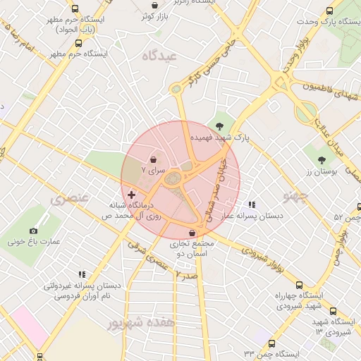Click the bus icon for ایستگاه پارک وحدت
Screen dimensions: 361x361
coord(329,11)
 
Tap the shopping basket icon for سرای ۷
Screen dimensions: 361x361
coord(154,159)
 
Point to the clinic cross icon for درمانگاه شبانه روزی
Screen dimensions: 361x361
coord(132,194)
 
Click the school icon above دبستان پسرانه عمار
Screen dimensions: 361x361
coord(252,204)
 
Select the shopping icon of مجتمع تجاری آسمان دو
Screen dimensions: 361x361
coord(192,233)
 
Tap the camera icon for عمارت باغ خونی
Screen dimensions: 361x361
coord(33,231)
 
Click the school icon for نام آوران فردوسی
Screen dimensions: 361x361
coord(82,274)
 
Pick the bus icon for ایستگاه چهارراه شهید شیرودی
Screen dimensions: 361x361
coord(300,285)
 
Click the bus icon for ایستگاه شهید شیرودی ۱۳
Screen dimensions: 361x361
coord(333,311)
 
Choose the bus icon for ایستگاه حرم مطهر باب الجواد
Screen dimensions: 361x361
coord(75,9)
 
